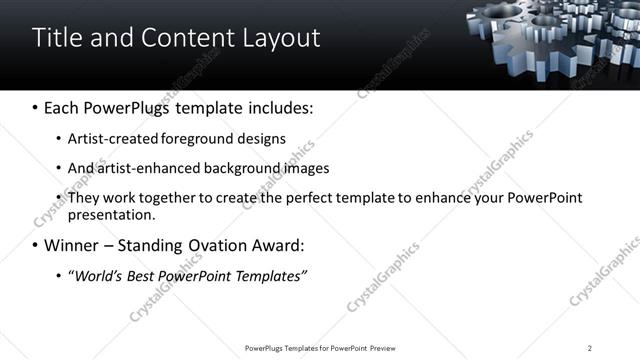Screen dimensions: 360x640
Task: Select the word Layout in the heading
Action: pos(279,38)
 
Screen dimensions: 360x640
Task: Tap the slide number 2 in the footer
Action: pos(589,348)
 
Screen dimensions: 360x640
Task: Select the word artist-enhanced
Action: pos(143,168)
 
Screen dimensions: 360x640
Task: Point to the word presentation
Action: pos(111,215)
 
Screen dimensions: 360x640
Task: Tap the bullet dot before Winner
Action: pos(35,245)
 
